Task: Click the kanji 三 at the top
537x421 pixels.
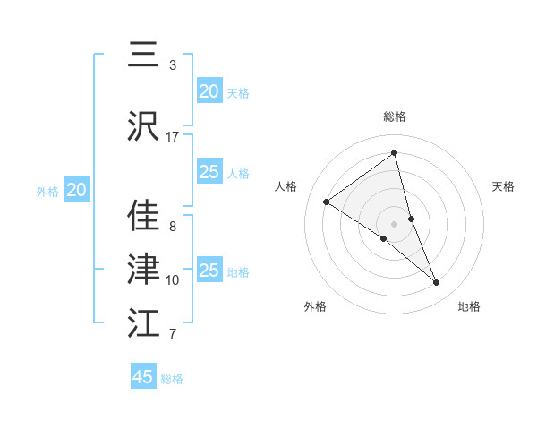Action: click(x=143, y=55)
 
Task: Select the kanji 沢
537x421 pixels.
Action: click(x=143, y=126)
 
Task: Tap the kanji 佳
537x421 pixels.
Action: click(x=143, y=216)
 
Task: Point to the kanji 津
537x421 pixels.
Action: click(x=143, y=270)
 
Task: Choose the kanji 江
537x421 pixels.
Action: click(x=143, y=323)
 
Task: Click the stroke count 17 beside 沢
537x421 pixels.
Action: click(x=173, y=137)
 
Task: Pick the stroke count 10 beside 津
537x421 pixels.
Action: click(x=173, y=280)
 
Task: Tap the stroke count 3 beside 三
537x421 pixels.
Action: click(x=173, y=65)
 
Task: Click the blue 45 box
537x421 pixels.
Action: click(x=143, y=377)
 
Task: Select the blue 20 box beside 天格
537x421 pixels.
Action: click(x=209, y=90)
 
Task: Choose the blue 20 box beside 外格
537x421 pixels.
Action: click(x=77, y=190)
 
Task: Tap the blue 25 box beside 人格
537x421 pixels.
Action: click(x=209, y=172)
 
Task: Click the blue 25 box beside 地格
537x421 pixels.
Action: click(x=209, y=271)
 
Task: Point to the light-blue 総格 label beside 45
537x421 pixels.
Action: click(x=172, y=379)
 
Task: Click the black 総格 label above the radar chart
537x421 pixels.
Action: click(x=395, y=116)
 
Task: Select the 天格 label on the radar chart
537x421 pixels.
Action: click(x=503, y=186)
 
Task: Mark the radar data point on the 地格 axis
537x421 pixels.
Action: click(x=437, y=283)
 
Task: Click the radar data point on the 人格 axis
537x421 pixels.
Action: click(x=327, y=202)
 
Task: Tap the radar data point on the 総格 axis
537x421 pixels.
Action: click(x=395, y=153)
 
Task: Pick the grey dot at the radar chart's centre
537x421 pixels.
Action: click(x=395, y=223)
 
